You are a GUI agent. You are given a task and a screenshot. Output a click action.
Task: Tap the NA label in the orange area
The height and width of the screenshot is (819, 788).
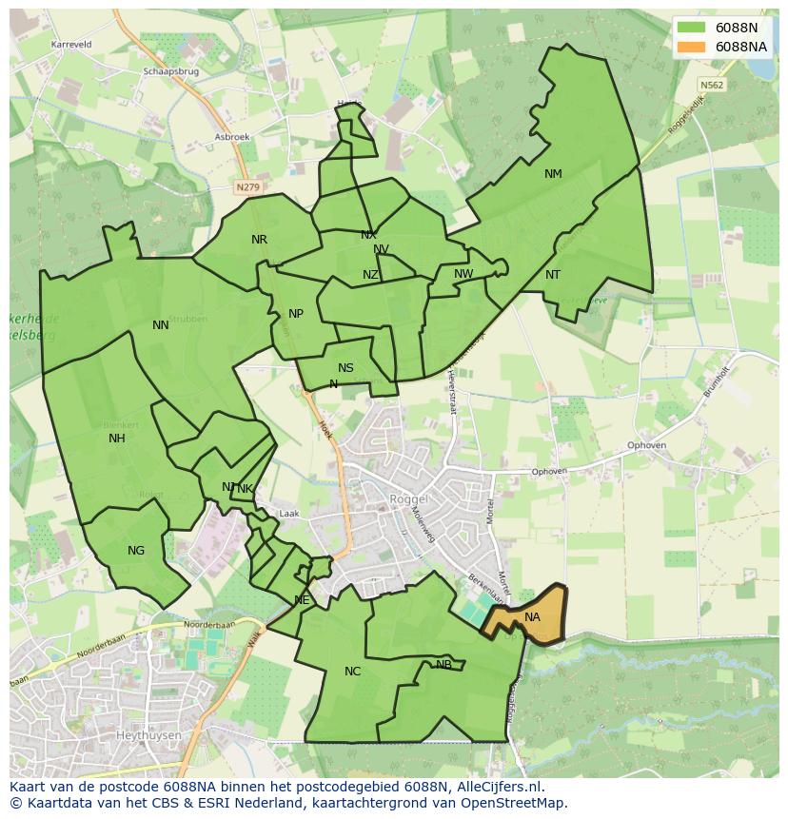click(x=532, y=617)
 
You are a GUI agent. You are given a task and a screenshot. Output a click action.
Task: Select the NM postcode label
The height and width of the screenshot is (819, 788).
click(x=553, y=174)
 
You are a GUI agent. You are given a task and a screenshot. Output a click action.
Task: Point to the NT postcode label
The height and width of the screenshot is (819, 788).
click(x=553, y=275)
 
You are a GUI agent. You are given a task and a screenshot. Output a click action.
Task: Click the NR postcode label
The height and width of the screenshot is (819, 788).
click(x=259, y=240)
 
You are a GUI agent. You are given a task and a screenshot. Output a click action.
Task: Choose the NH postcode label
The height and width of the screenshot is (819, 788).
click(x=117, y=439)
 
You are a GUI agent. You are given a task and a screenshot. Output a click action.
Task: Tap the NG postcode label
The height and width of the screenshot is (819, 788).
click(x=136, y=551)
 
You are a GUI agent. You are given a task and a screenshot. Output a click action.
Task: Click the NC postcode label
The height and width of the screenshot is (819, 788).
click(x=352, y=672)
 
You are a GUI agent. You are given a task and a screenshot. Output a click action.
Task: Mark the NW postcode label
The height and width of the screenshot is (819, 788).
click(x=463, y=274)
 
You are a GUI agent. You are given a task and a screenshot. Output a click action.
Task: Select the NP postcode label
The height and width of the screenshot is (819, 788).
click(x=296, y=314)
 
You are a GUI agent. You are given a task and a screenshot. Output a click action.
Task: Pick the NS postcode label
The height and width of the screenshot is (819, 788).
click(x=345, y=368)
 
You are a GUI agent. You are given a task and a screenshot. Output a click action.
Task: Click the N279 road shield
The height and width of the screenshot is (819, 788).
click(x=246, y=187)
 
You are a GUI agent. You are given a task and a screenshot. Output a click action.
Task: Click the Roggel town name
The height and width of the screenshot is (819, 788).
click(x=409, y=498)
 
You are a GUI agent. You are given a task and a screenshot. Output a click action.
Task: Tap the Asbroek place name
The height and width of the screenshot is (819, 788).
click(x=232, y=137)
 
